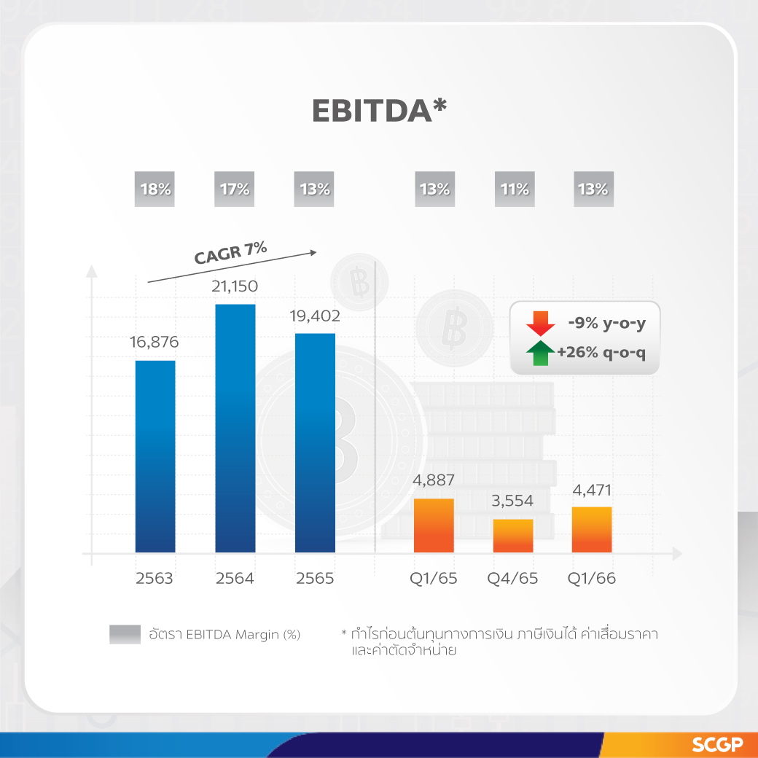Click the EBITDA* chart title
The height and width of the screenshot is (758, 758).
pyautogui.click(x=379, y=110)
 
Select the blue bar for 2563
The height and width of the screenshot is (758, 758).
pyautogui.click(x=155, y=456)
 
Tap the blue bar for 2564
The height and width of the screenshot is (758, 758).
pyautogui.click(x=235, y=428)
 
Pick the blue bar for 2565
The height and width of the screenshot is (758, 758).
pyautogui.click(x=315, y=442)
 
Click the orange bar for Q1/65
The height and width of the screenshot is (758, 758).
pyautogui.click(x=434, y=525)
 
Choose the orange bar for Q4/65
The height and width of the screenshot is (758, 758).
pyautogui.click(x=513, y=536)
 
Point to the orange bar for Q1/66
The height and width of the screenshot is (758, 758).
pyautogui.click(x=592, y=530)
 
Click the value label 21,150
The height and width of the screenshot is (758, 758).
pyautogui.click(x=235, y=286)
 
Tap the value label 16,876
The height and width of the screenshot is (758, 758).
pyautogui.click(x=155, y=343)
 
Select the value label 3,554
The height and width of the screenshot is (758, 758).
pyautogui.click(x=512, y=501)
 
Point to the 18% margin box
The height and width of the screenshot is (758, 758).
pyautogui.click(x=155, y=189)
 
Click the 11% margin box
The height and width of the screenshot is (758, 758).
pyautogui.click(x=514, y=189)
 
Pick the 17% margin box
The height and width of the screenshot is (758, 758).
pyautogui.click(x=234, y=189)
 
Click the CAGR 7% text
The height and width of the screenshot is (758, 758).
pyautogui.click(x=230, y=253)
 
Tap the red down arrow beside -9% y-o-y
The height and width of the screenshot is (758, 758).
pyautogui.click(x=540, y=322)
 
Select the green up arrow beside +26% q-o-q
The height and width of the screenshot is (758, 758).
pyautogui.click(x=540, y=353)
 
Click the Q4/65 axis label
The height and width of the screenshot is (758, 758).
pyautogui.click(x=512, y=579)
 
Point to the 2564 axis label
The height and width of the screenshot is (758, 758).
pyautogui.click(x=235, y=579)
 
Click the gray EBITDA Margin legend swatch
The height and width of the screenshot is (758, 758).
pyautogui.click(x=125, y=635)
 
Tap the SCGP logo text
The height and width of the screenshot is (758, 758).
pyautogui.click(x=717, y=745)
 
